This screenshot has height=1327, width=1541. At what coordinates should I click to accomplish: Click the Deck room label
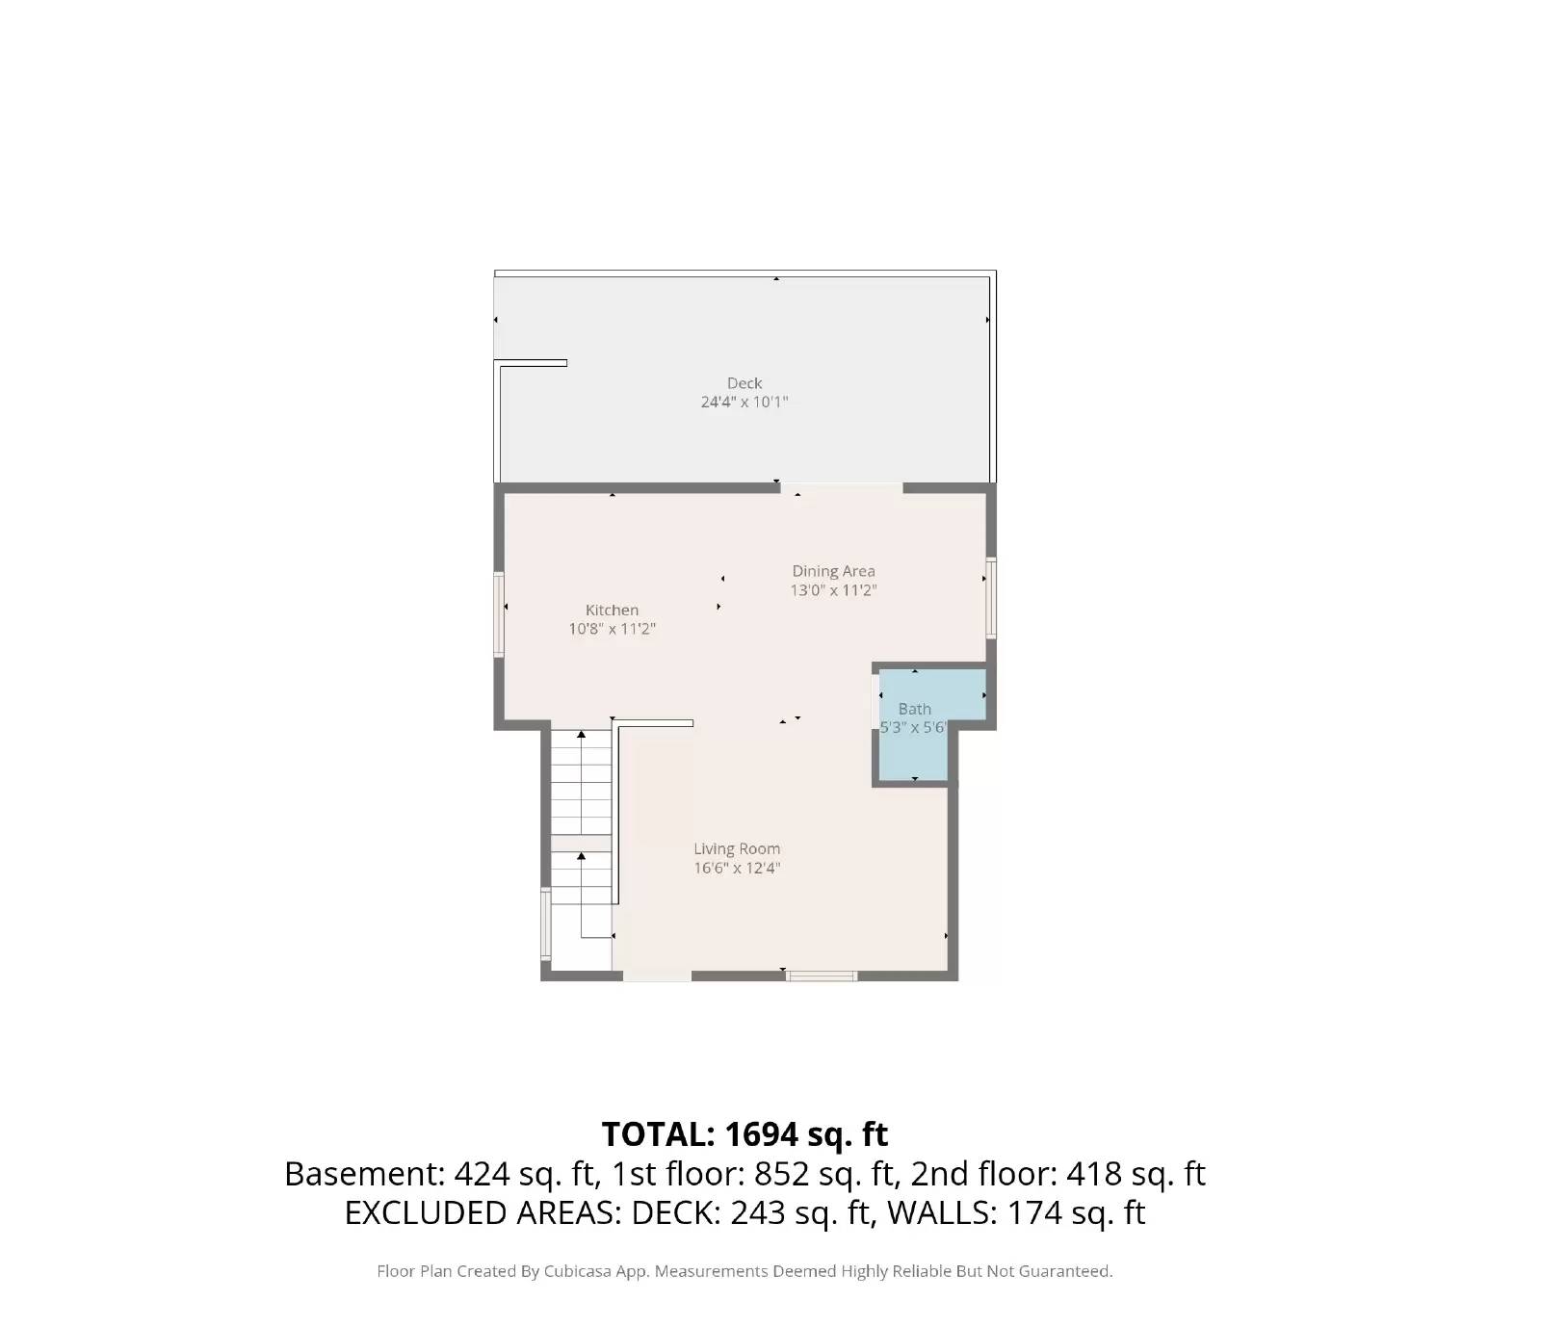(x=744, y=383)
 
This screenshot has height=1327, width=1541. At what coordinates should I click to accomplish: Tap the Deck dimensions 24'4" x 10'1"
(x=744, y=402)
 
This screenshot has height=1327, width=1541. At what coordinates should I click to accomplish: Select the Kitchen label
(x=612, y=610)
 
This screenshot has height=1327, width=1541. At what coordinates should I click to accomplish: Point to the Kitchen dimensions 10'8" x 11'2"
(x=612, y=629)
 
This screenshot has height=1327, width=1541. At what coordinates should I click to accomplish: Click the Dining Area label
(x=833, y=571)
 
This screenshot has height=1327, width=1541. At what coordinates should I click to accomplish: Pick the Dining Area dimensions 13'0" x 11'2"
(x=833, y=590)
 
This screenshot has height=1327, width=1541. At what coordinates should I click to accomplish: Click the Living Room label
(x=737, y=848)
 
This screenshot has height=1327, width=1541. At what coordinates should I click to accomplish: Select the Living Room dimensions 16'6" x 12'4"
(x=737, y=868)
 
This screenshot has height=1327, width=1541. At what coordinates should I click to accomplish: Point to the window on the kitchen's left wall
(x=499, y=614)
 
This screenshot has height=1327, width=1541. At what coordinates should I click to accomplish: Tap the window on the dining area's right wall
(x=991, y=597)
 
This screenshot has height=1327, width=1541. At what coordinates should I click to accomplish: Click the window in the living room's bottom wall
(x=822, y=976)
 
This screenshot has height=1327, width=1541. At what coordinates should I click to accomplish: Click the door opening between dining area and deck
(x=842, y=488)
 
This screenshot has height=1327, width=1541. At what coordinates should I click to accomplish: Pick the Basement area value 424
(x=482, y=1174)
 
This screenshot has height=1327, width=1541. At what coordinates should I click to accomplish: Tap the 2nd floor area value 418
(x=1094, y=1174)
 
